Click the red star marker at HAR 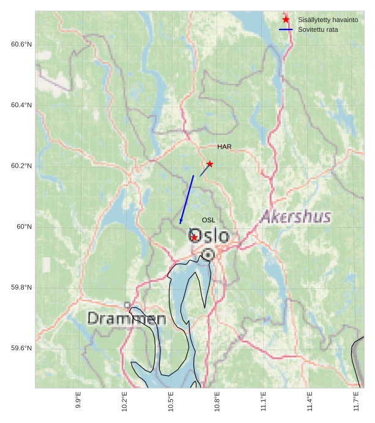click(210, 164)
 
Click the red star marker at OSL click(194, 238)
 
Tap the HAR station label click(224, 147)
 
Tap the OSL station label click(209, 220)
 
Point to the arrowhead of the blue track click(180, 222)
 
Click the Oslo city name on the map click(210, 236)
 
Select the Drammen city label click(127, 319)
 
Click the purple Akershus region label click(296, 217)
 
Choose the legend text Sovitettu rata click(317, 30)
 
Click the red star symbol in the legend click(286, 20)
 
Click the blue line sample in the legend click(286, 30)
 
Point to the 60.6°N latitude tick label click(21, 45)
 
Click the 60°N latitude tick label click(24, 227)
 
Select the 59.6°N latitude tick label click(21, 348)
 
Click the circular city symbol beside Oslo click(208, 254)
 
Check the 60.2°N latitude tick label click(21, 167)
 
